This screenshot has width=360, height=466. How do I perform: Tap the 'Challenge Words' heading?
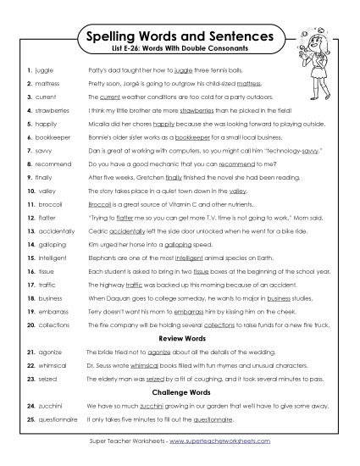pos(180,393)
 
